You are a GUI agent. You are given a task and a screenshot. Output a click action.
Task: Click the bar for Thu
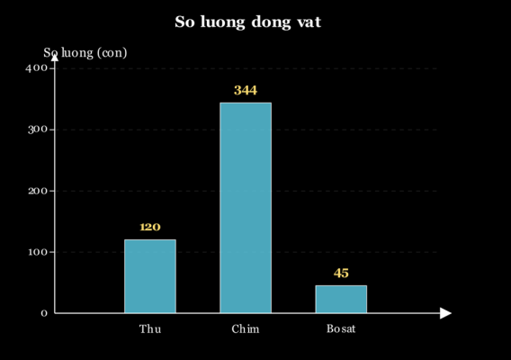(x=150, y=276)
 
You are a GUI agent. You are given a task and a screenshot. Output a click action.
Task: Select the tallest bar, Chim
(x=246, y=208)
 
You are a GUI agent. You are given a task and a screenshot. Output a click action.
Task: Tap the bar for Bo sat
(x=341, y=299)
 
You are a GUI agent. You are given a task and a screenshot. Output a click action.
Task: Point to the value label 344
(x=246, y=90)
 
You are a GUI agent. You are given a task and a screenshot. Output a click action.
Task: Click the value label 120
(x=150, y=227)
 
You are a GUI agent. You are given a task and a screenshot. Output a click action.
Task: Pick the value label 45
(x=341, y=273)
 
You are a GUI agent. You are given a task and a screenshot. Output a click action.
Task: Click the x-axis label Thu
(x=150, y=328)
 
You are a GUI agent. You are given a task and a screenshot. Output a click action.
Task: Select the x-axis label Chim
(x=246, y=328)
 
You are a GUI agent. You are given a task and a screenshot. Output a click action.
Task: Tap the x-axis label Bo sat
(x=341, y=328)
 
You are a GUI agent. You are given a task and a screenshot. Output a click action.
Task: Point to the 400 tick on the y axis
(x=37, y=68)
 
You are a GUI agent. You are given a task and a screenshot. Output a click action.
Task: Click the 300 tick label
(x=38, y=130)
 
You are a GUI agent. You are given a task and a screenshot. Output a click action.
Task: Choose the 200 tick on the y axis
(x=38, y=191)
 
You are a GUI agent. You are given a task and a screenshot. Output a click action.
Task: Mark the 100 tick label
(x=38, y=252)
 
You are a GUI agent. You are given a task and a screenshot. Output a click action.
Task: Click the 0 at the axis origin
(x=44, y=313)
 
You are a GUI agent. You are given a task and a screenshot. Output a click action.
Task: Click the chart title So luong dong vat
(x=248, y=22)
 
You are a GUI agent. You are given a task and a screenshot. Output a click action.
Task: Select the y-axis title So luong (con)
(x=85, y=53)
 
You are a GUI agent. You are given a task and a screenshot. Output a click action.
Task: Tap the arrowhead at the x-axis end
(x=445, y=313)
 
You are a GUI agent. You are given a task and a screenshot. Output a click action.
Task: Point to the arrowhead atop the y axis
(x=55, y=58)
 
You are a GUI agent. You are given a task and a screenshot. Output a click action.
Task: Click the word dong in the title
(x=271, y=22)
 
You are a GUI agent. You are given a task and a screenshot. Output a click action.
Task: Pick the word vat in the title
(x=309, y=22)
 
